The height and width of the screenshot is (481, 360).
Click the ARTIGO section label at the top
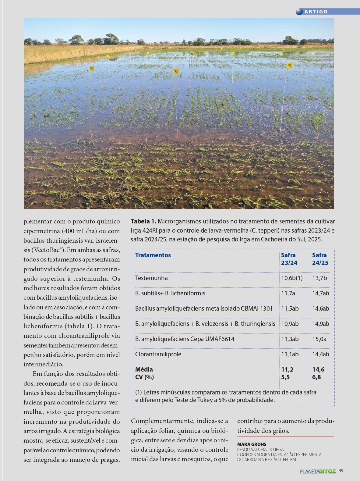point(316,12)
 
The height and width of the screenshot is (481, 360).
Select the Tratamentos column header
point(153,255)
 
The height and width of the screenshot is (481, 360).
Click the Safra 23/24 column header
point(289,259)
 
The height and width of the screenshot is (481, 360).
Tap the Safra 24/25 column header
point(320,259)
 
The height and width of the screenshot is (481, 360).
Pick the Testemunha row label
point(151,278)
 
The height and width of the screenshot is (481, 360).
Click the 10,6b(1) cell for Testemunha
point(292,278)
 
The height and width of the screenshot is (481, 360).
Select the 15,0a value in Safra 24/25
point(319,339)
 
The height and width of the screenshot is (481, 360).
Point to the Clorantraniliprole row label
point(158,354)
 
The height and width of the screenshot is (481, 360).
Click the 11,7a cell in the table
point(288,293)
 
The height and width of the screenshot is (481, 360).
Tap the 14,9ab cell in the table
point(320,324)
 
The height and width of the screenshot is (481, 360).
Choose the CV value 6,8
point(316,377)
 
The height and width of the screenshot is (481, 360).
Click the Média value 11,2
point(287,369)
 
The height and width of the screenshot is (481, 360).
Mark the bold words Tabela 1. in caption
point(143,221)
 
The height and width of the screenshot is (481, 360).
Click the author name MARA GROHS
point(252,444)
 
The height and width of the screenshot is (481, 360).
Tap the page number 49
point(341,471)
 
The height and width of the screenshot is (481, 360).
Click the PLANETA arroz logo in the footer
point(318,471)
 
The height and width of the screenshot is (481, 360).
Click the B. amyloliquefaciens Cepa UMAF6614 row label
point(185,339)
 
